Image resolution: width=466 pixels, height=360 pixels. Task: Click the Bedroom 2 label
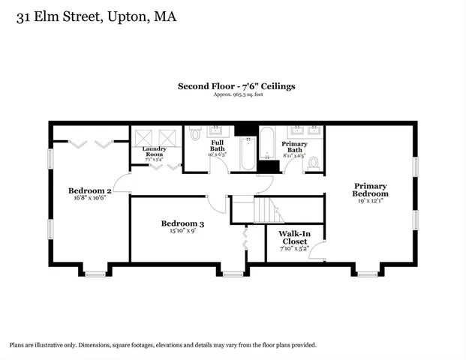[x=89, y=190]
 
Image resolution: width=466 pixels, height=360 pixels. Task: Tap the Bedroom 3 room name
[x=182, y=223]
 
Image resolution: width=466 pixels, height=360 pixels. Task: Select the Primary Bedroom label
[x=371, y=190]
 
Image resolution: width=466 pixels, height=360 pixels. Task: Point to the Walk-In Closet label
[x=293, y=238]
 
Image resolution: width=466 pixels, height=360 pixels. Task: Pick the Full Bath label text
[x=217, y=145]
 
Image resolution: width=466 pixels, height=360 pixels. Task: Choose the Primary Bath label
[x=294, y=146]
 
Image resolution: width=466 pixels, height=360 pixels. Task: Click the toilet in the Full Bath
[x=196, y=135]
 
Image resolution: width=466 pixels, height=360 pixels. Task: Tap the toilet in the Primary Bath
[x=314, y=161]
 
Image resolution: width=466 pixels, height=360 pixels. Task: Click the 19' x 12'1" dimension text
[x=371, y=201]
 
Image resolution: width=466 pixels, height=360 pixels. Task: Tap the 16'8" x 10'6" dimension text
[x=89, y=199]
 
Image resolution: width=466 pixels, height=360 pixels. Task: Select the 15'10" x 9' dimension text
[x=182, y=232]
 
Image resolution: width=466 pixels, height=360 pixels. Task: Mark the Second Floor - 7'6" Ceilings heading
[x=236, y=86]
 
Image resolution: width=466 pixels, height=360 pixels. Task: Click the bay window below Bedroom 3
[x=233, y=274]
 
